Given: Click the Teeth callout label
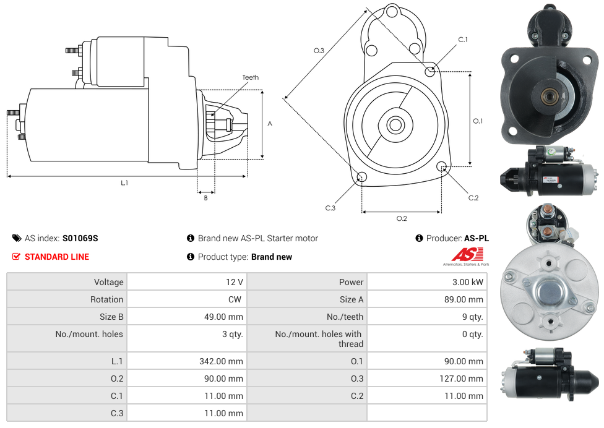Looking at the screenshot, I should click(x=251, y=77).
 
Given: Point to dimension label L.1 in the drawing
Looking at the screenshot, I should click(x=124, y=183).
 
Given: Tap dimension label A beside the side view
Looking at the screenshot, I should click(x=270, y=124).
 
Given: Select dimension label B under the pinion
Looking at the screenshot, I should click(x=205, y=198).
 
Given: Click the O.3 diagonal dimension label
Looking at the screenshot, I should click(x=319, y=51).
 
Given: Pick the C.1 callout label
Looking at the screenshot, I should click(x=463, y=40).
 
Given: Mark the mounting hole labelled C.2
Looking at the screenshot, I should click(x=442, y=166).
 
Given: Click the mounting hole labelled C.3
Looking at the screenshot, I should click(x=362, y=178).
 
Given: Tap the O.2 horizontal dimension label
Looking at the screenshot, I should click(x=402, y=218).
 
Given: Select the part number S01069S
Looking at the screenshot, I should click(x=80, y=238).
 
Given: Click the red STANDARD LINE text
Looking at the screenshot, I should click(x=57, y=257).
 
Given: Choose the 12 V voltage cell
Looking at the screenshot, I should click(x=235, y=282).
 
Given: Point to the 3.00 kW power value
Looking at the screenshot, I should click(x=468, y=282).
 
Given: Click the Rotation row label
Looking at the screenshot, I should click(x=106, y=299).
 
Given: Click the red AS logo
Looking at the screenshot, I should click(x=466, y=254).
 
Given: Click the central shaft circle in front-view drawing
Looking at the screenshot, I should click(x=395, y=125).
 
